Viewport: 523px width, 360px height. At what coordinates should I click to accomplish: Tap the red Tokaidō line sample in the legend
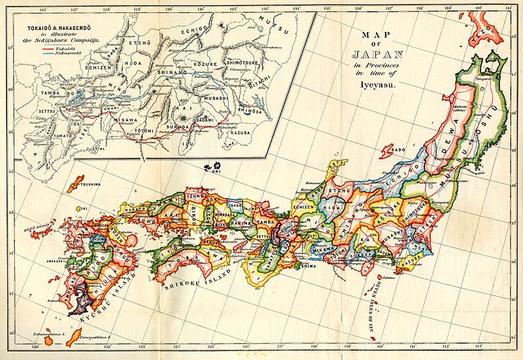tap(46, 48)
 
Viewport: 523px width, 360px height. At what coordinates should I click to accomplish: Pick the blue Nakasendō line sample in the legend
tap(46, 52)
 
